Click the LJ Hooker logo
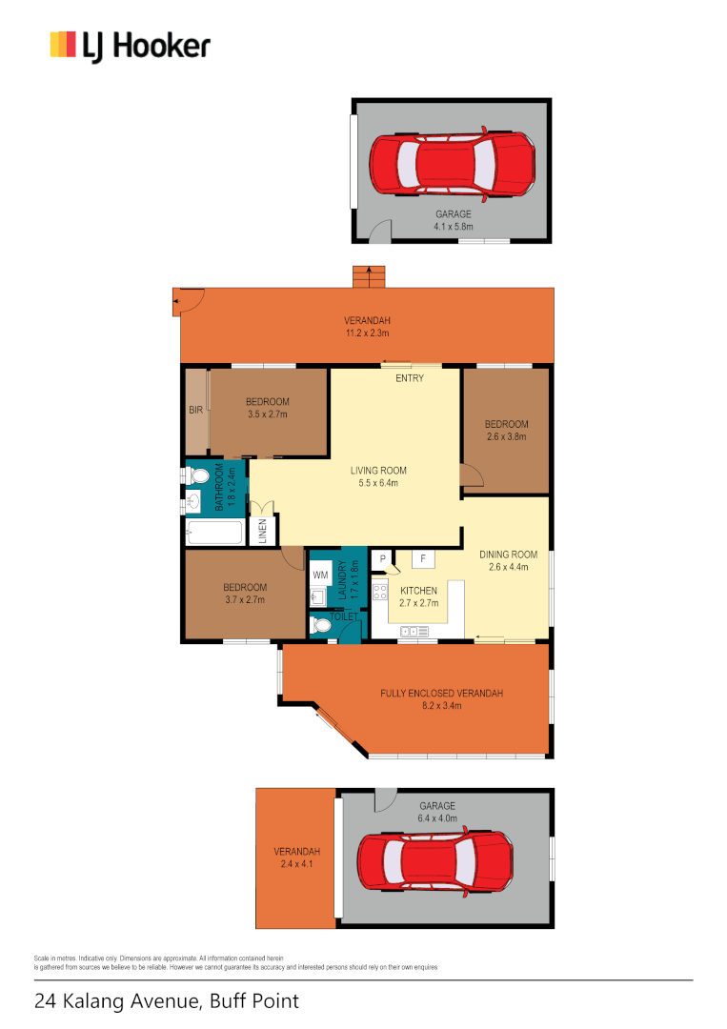(x=131, y=46)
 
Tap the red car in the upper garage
(x=452, y=166)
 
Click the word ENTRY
(x=410, y=378)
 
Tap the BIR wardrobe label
(x=195, y=411)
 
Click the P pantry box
(x=383, y=558)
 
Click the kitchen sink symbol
(x=415, y=631)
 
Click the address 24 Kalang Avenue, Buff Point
(x=167, y=1001)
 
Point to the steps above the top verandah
(x=368, y=276)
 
